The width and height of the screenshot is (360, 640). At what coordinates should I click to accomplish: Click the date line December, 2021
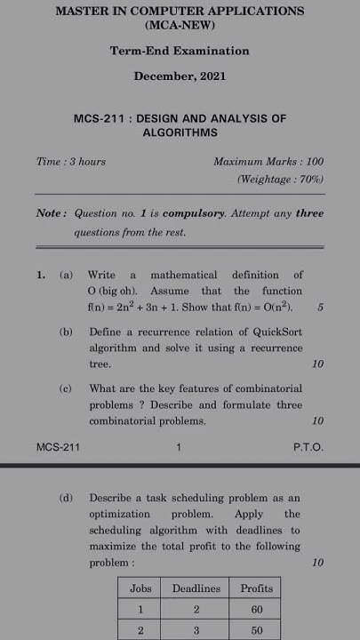[x=180, y=76]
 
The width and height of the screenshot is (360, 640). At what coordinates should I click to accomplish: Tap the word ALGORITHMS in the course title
[x=180, y=132]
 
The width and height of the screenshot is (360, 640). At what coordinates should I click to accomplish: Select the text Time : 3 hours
[x=71, y=162]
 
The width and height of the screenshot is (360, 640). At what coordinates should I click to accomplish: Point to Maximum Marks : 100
[x=268, y=162]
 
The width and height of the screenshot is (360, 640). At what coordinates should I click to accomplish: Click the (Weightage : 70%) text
[x=280, y=180]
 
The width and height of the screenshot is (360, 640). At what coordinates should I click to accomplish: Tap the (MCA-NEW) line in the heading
[x=180, y=28]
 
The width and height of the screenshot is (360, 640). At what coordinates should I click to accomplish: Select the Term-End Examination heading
[x=180, y=52]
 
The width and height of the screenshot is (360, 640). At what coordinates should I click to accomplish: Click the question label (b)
[x=66, y=332]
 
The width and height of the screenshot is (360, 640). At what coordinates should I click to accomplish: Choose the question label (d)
[x=66, y=498]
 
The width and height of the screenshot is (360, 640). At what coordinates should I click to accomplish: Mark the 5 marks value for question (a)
[x=320, y=308]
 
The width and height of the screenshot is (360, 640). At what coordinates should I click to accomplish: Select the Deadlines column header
[x=196, y=588]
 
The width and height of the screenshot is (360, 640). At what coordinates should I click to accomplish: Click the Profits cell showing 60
[x=257, y=611]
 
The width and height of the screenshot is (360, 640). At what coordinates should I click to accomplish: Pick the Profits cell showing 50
[x=257, y=630]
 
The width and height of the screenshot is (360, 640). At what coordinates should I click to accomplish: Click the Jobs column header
[x=140, y=588]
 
